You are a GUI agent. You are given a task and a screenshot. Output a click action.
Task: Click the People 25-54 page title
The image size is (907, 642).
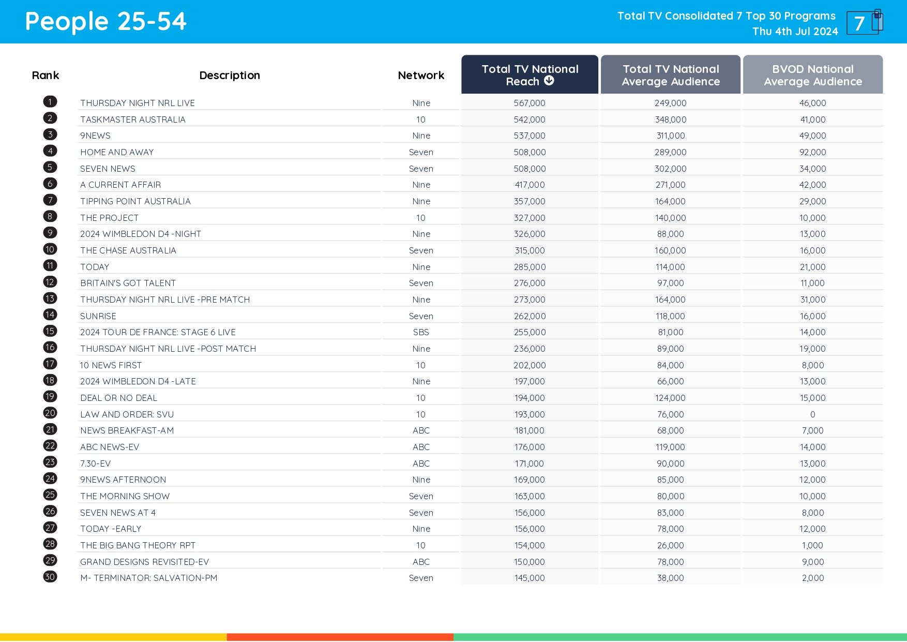pos(105,22)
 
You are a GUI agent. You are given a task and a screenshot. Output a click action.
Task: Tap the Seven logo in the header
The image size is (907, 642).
pos(864,23)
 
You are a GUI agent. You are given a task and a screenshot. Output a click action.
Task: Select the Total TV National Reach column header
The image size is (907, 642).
pos(530,74)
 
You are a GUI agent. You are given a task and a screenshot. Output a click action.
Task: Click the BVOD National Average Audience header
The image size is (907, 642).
pos(812,74)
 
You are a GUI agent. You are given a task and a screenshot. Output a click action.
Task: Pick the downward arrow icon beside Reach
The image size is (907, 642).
pos(549,81)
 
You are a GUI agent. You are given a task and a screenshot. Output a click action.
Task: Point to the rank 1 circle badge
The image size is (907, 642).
pos(50,102)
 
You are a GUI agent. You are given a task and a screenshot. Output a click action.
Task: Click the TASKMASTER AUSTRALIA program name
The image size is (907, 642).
pos(133,120)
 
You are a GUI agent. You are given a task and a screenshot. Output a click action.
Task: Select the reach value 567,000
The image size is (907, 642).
pos(530,103)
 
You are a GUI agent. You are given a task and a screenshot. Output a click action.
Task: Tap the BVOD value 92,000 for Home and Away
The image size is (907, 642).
pos(812,152)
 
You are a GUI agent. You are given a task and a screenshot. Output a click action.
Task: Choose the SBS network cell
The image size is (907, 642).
pos(421,332)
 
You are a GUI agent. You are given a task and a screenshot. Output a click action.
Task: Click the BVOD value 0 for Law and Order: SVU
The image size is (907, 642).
pos(812,414)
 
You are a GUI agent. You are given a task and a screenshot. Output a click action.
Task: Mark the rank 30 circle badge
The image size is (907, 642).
pos(50,577)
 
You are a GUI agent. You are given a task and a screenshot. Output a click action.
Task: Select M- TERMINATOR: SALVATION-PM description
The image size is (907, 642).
pos(148,578)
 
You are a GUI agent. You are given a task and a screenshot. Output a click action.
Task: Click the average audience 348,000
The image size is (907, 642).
pos(670,120)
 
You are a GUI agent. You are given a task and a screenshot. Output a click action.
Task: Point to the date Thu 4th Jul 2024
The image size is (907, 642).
pos(795,32)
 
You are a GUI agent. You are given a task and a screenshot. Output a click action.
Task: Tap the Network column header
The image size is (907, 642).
pos(421,76)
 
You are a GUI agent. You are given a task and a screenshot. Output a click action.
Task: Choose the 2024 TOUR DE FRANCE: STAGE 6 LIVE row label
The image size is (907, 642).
pos(158,332)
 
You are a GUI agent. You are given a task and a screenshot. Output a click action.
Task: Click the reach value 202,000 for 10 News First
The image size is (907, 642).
pos(530,365)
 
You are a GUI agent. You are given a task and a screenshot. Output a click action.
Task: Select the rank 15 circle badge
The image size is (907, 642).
pos(50,331)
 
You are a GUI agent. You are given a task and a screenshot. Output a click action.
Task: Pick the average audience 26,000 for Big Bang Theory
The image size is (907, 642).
pos(670,545)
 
